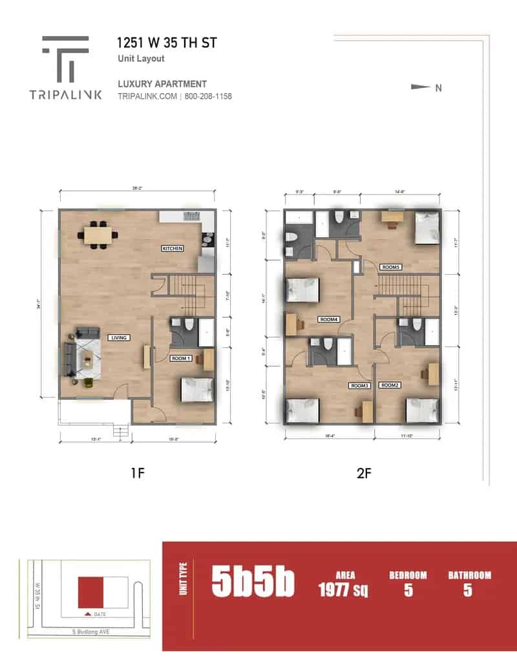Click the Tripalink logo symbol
(x=65, y=59)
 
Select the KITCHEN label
(x=173, y=248)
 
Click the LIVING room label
(x=120, y=337)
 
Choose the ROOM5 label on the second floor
(x=391, y=266)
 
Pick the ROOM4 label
(x=329, y=319)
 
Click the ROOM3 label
(x=358, y=386)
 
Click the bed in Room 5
(x=425, y=228)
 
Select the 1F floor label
(x=136, y=473)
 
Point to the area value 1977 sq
(x=343, y=589)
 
